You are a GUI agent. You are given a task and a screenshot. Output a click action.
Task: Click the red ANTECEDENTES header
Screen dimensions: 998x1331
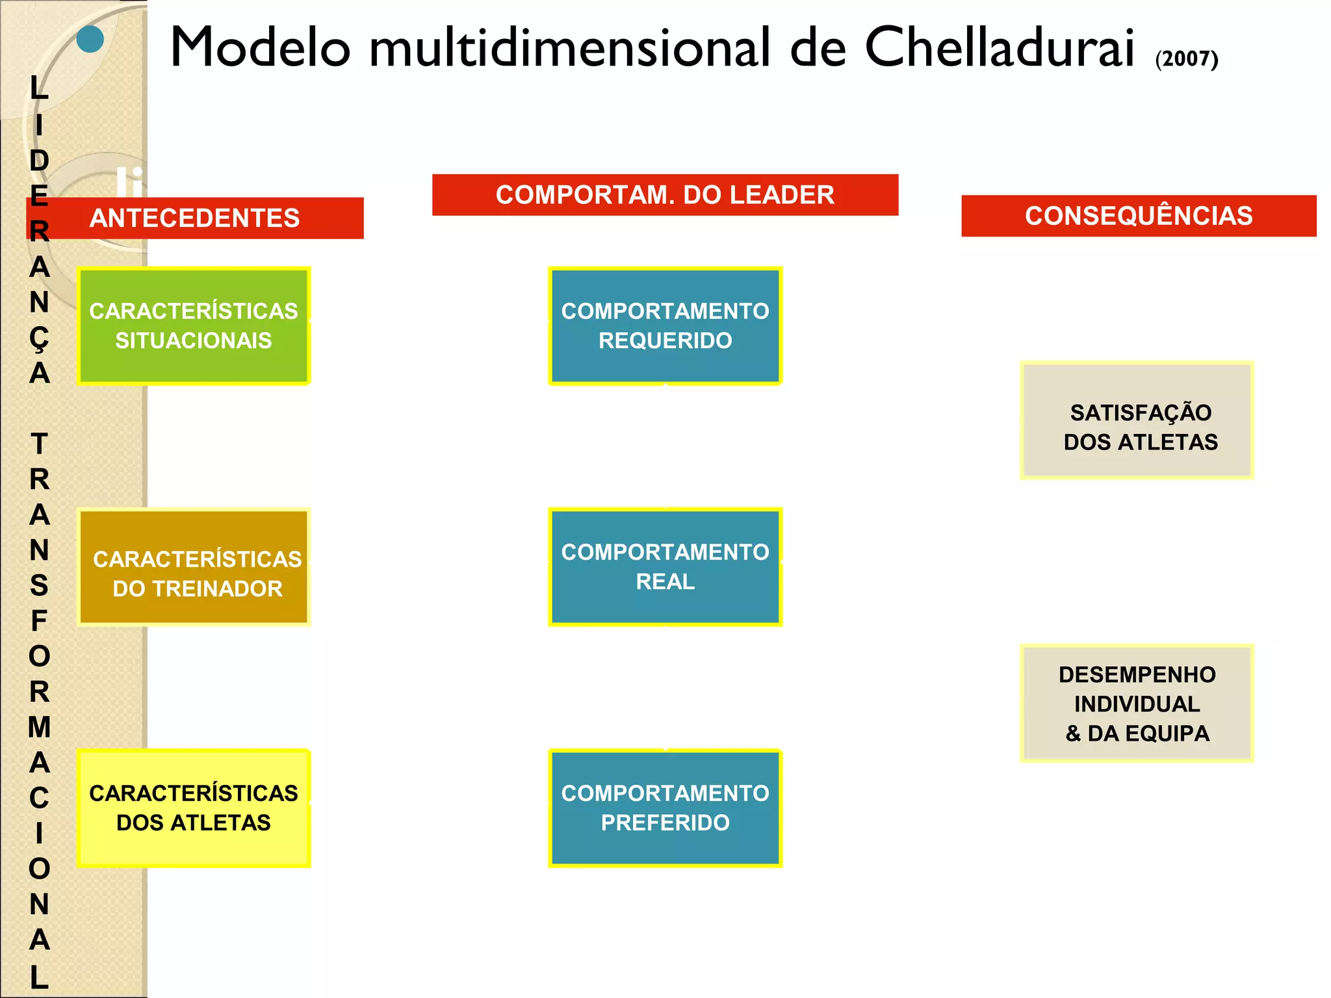(x=195, y=218)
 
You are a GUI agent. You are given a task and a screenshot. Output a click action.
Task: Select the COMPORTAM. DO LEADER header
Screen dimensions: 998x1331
(x=665, y=195)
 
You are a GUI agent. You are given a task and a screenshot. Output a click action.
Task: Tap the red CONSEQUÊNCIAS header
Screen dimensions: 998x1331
(x=1139, y=216)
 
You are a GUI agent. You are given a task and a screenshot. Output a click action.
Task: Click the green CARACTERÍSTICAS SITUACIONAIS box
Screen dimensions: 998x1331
(x=194, y=326)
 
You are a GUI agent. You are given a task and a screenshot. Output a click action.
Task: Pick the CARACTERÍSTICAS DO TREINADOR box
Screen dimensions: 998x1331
(x=194, y=567)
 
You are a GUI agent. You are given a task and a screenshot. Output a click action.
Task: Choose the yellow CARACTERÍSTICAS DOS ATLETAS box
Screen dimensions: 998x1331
(x=194, y=808)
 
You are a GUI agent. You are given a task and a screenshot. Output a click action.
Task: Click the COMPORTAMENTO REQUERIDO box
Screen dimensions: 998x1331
(x=665, y=326)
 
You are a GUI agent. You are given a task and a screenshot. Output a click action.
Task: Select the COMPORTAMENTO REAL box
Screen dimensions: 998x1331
(x=665, y=567)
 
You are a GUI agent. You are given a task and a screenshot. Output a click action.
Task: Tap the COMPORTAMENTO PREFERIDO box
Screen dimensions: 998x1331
(x=665, y=808)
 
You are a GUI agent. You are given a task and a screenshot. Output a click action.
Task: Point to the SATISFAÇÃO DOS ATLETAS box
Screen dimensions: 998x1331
(x=1137, y=421)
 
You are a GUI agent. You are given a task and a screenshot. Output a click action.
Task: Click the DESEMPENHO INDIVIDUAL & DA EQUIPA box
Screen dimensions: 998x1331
(x=1137, y=704)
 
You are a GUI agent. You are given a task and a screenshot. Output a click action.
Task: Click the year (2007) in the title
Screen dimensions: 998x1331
(x=1187, y=58)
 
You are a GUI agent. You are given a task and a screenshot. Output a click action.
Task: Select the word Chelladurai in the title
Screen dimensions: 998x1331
(x=1000, y=47)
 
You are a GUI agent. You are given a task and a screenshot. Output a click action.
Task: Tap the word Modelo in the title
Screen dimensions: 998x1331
(x=260, y=47)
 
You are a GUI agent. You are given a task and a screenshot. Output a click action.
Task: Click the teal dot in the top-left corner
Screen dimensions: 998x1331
(x=90, y=39)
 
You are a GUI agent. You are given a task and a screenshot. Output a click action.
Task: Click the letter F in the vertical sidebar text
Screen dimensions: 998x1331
(x=39, y=621)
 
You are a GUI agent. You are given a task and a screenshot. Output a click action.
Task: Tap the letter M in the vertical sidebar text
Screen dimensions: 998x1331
(x=39, y=727)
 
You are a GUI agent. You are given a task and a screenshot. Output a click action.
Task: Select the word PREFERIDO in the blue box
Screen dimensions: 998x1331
(x=665, y=823)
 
